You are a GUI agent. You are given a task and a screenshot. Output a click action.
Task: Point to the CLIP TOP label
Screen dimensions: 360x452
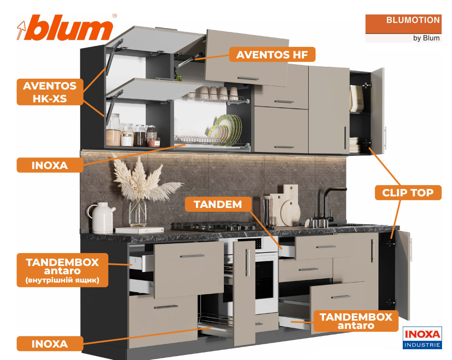pyautogui.click(x=408, y=193)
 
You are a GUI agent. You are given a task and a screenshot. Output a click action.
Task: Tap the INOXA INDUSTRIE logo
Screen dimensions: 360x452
pyautogui.click(x=422, y=338)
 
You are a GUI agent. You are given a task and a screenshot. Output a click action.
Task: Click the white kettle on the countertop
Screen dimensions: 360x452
pyautogui.click(x=100, y=217)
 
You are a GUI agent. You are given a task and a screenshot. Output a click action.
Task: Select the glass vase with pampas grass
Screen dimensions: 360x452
pyautogui.click(x=138, y=212)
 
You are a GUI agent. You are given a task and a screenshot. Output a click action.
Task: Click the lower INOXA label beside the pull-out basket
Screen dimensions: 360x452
pyautogui.click(x=50, y=344)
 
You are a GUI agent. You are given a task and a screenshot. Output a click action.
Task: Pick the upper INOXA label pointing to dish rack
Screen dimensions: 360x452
pyautogui.click(x=50, y=165)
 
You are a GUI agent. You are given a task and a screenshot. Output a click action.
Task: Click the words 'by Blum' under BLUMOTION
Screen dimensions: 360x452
pyautogui.click(x=426, y=38)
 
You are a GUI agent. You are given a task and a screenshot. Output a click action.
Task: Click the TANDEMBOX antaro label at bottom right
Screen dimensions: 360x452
pyautogui.click(x=356, y=321)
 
